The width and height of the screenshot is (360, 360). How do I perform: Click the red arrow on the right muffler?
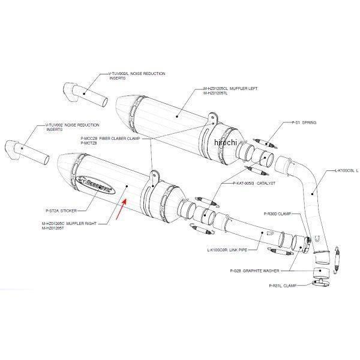122,212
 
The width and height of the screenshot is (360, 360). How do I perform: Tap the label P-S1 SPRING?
304,122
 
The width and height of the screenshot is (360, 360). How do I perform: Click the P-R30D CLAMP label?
278,213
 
